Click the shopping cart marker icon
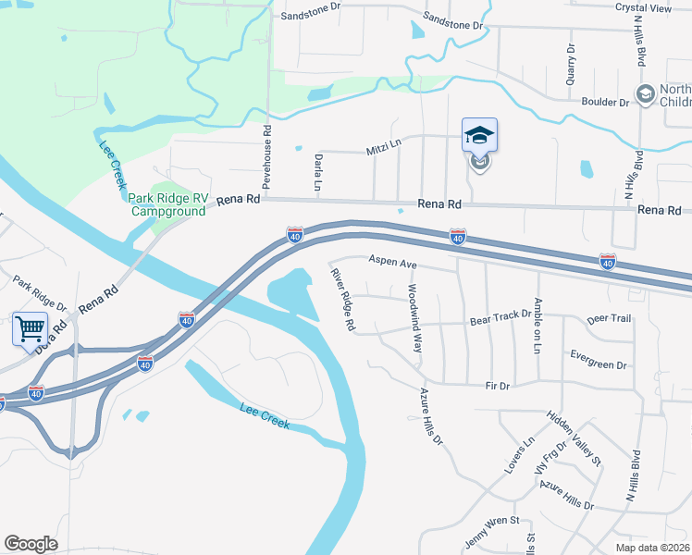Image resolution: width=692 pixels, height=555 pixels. tap(31, 327)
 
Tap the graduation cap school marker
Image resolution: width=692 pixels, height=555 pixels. tap(479, 135)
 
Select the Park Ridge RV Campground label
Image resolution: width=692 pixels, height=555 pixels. tap(167, 204)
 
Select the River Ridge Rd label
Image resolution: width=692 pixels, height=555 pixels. tap(342, 299)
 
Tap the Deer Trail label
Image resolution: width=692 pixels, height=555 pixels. tap(609, 319)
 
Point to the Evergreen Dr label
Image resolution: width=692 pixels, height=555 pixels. tap(598, 359)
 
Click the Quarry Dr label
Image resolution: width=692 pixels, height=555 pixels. tap(571, 65)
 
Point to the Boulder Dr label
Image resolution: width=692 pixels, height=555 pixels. tap(605, 102)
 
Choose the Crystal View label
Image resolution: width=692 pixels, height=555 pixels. tap(643, 7)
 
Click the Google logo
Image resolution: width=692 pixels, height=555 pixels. tap(31, 544)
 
